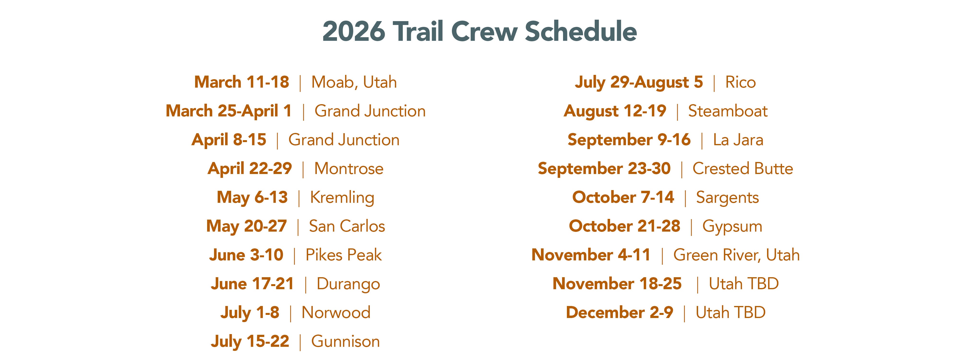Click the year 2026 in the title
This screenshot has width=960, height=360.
(x=353, y=31)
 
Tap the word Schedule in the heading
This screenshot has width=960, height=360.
(x=581, y=31)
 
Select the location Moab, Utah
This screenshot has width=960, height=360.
(x=354, y=82)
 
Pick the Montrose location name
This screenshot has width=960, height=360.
(x=349, y=168)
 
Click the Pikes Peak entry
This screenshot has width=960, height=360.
(x=344, y=255)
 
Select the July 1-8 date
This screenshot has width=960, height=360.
(x=250, y=313)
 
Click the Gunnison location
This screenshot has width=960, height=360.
(x=345, y=341)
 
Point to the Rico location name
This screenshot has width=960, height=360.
(x=740, y=82)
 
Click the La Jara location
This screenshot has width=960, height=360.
(x=738, y=140)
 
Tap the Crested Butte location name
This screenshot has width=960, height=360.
(x=743, y=168)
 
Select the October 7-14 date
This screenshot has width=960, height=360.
(x=623, y=197)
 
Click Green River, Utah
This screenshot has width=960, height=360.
(x=736, y=255)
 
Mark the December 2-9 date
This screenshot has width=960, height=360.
(x=619, y=313)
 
